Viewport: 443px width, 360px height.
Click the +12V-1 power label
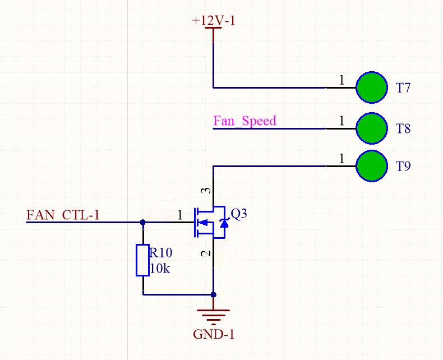pyautogui.click(x=213, y=20)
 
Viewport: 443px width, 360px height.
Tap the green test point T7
pyautogui.click(x=372, y=87)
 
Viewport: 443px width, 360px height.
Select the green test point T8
pyautogui.click(x=372, y=128)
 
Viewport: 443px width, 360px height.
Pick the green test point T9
pyautogui.click(x=372, y=166)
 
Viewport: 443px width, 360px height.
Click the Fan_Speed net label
pyautogui.click(x=244, y=121)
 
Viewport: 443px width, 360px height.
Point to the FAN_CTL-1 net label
pyautogui.click(x=63, y=214)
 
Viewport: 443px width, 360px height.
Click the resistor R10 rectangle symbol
pyautogui.click(x=142, y=260)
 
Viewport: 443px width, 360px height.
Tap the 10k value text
pyautogui.click(x=160, y=269)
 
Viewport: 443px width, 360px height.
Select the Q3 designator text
pyautogui.click(x=239, y=214)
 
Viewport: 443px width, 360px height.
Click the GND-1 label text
pyautogui.click(x=213, y=335)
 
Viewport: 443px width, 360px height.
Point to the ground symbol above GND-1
pyautogui.click(x=213, y=317)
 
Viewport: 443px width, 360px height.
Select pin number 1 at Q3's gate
pyautogui.click(x=179, y=214)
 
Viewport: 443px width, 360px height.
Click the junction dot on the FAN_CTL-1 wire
pyautogui.click(x=142, y=222)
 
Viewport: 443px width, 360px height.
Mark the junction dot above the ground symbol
pyautogui.click(x=213, y=294)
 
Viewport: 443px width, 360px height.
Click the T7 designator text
pyautogui.click(x=403, y=88)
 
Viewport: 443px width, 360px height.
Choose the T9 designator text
pyautogui.click(x=403, y=167)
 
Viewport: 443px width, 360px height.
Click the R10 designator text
pyautogui.click(x=160, y=253)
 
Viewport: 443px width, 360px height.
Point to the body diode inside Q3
pyautogui.click(x=224, y=223)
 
